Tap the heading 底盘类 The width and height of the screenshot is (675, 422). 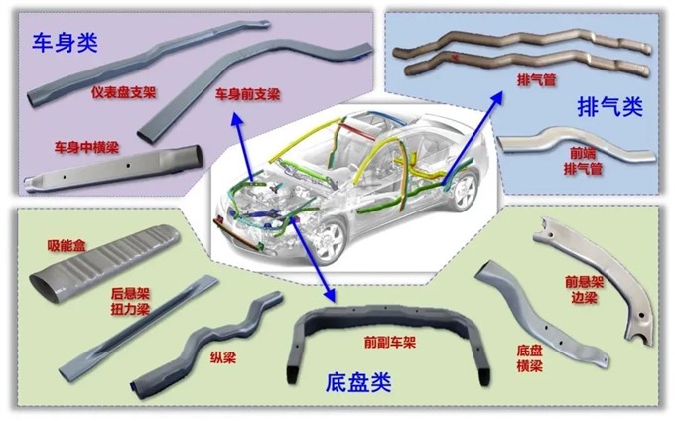pyautogui.click(x=360, y=381)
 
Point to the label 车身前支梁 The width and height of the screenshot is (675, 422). pyautogui.click(x=248, y=95)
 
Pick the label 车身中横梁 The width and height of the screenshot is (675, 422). pyautogui.click(x=86, y=146)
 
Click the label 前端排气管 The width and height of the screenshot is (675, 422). pyautogui.click(x=584, y=162)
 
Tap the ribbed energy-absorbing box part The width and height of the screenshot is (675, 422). pyautogui.click(x=109, y=260)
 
